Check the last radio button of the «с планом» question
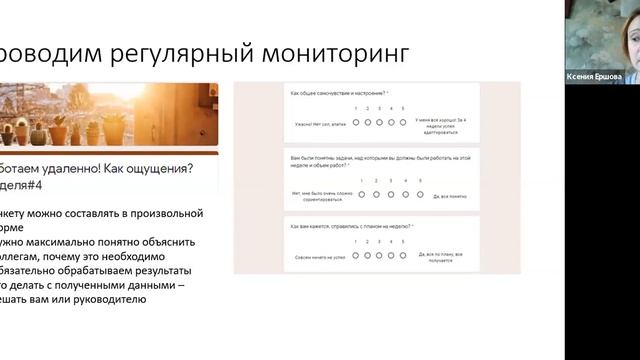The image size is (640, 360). point(401,255)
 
